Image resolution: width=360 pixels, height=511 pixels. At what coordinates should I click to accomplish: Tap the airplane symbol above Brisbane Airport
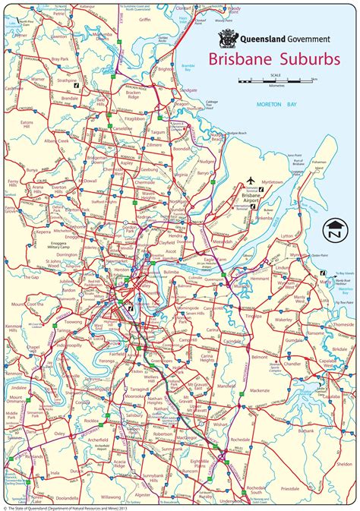point(251,181)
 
